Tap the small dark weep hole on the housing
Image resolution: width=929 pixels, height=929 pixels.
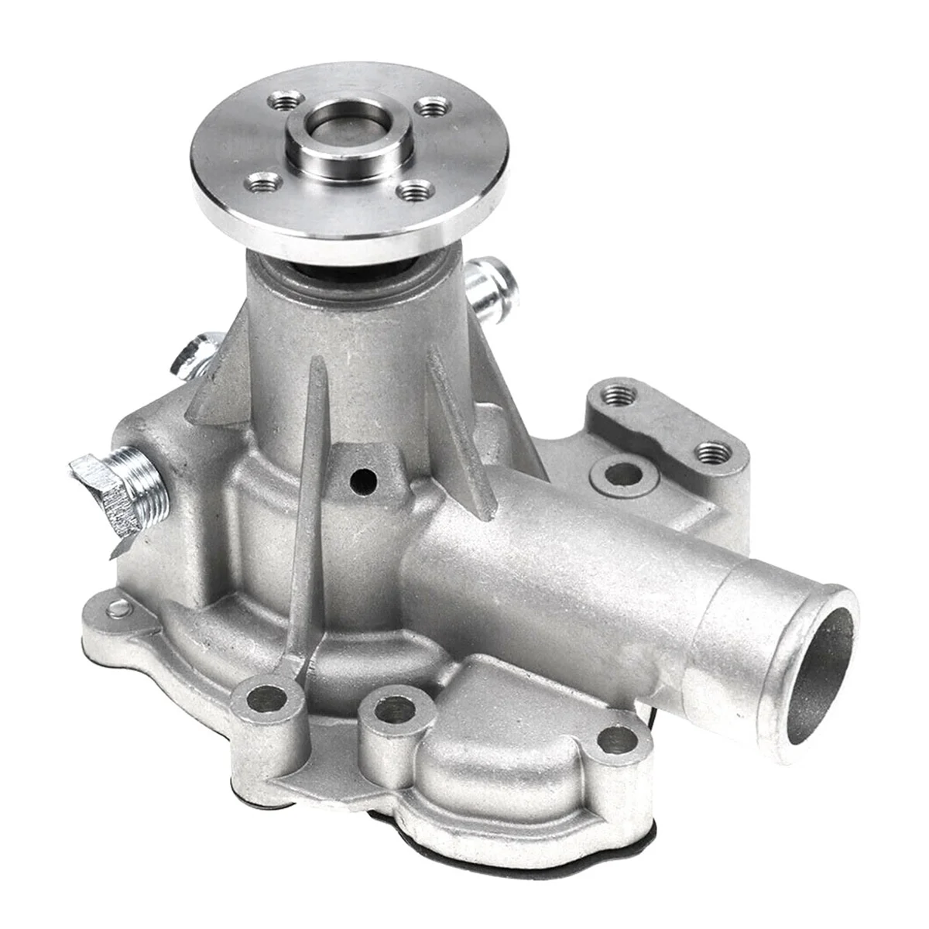tap(361, 480)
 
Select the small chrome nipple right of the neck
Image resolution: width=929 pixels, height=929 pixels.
tap(490, 287)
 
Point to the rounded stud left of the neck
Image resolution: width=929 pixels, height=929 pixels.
tap(194, 352)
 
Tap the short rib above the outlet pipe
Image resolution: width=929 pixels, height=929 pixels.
tap(458, 441)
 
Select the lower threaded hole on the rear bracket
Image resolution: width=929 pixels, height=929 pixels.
tap(709, 450)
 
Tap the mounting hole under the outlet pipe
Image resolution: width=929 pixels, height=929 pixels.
tap(617, 736)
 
